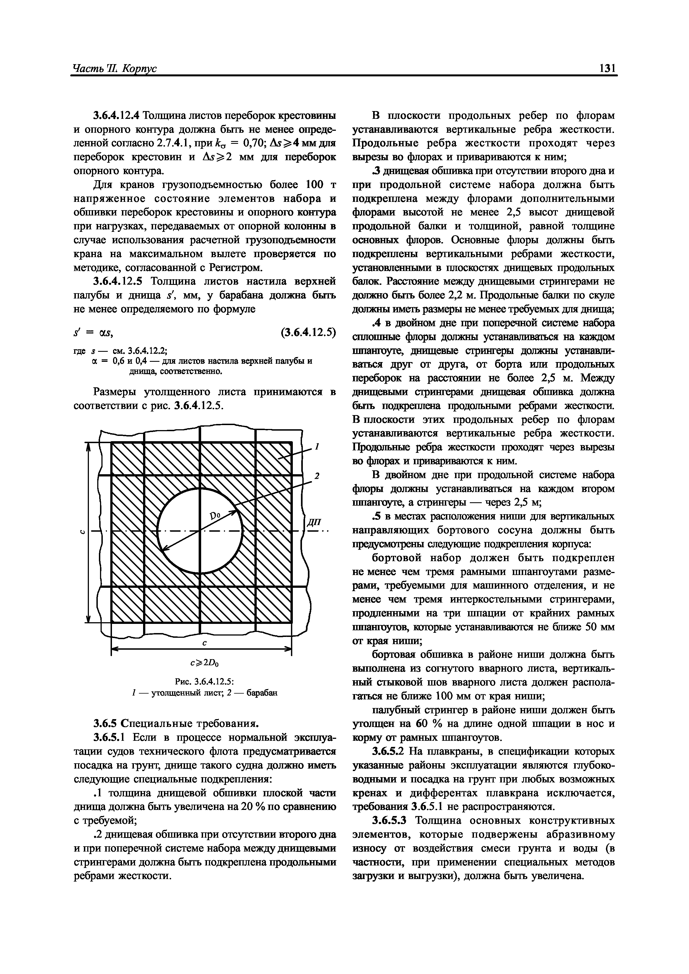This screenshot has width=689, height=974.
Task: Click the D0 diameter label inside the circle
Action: [x=216, y=516]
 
